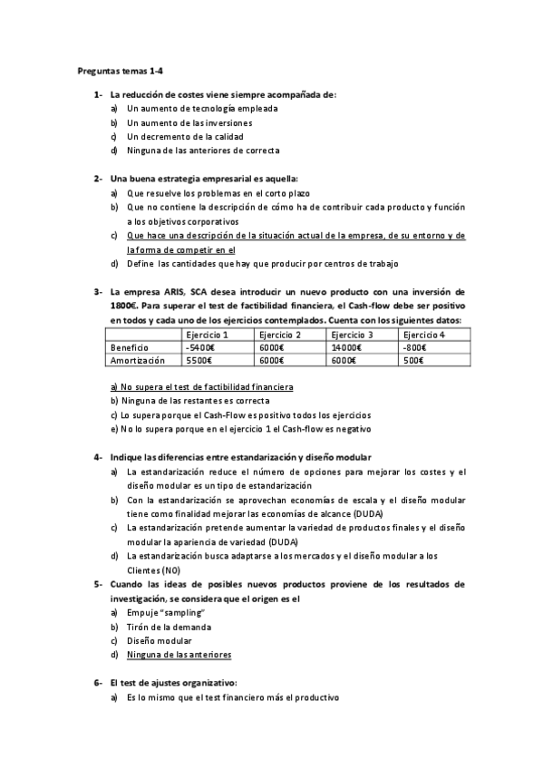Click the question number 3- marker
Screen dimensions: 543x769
coord(98,292)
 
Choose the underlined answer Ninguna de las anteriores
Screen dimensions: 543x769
coord(179,654)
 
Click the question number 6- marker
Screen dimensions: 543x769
coord(98,682)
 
